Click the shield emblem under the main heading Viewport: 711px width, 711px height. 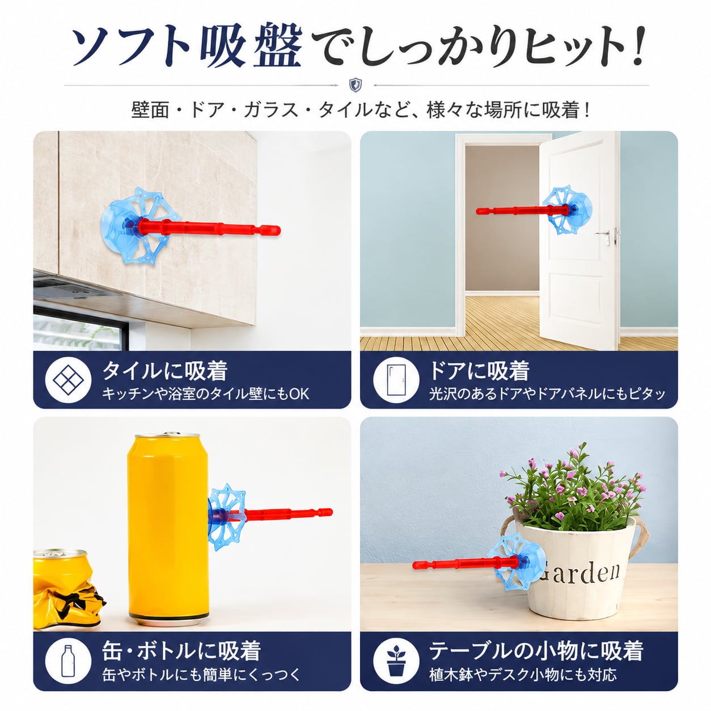(355, 85)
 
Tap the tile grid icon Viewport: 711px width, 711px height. (68, 380)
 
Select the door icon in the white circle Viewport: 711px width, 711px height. (396, 380)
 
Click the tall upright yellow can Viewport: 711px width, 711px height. (168, 529)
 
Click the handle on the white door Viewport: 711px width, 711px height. (603, 234)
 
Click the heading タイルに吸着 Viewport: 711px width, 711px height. (165, 370)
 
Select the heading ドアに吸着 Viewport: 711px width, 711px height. (479, 370)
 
